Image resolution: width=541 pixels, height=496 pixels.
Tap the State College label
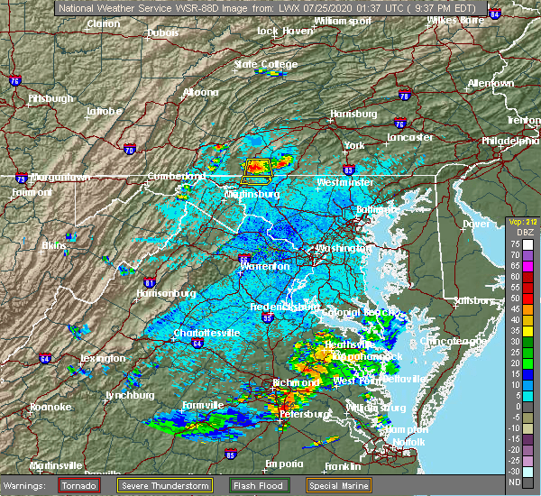pos(265,65)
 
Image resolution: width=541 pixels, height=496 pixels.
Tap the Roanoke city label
pos(50,407)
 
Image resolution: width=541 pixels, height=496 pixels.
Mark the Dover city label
pos(475,223)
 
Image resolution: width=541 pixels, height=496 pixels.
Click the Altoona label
pos(200,92)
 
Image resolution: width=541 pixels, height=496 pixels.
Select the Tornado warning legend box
pos(79,484)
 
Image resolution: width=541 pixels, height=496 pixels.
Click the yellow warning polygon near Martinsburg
pos(258,168)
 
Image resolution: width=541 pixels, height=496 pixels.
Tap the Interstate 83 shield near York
pos(348,168)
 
